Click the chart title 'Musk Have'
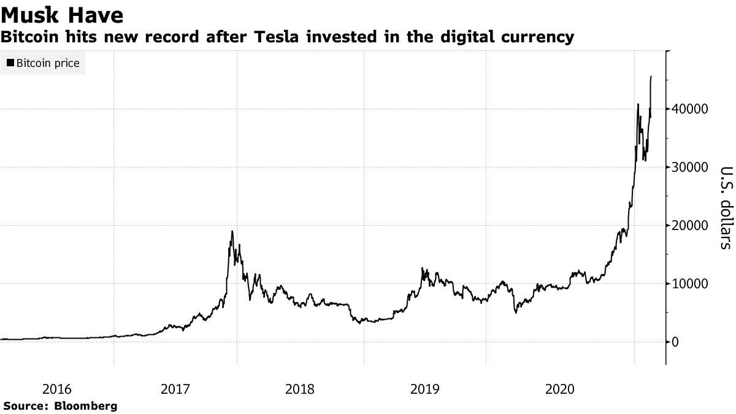pyautogui.click(x=62, y=14)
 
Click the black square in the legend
pyautogui.click(x=10, y=63)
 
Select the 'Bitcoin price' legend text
pyautogui.click(x=48, y=63)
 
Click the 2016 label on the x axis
pyautogui.click(x=56, y=389)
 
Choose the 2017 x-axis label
pyautogui.click(x=175, y=389)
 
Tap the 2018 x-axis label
pyautogui.click(x=301, y=389)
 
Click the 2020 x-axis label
pyautogui.click(x=559, y=389)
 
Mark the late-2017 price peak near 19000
pyautogui.click(x=232, y=231)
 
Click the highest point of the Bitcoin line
pyautogui.click(x=651, y=77)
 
